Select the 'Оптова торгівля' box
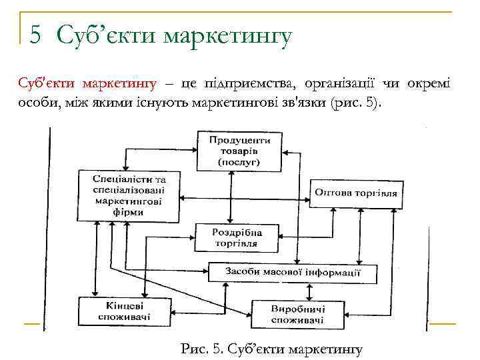point(356,193)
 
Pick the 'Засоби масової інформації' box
point(293,273)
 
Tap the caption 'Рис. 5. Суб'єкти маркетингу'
point(271,348)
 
